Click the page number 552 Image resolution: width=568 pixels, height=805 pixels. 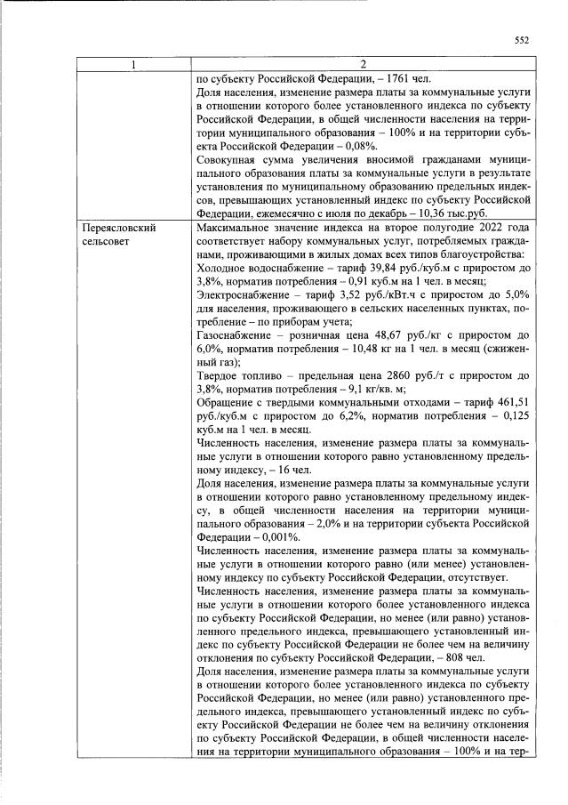[522, 40]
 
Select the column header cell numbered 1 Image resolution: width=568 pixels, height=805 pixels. [133, 64]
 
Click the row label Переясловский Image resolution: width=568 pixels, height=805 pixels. [118, 229]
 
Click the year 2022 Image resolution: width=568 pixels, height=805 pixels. [485, 229]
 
